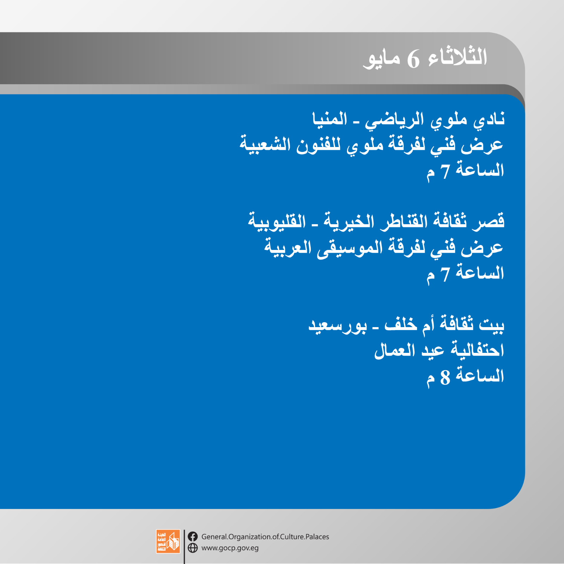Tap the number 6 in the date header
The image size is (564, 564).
tap(413, 59)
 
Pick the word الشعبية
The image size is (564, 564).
tap(265, 145)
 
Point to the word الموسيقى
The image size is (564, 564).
tap(350, 248)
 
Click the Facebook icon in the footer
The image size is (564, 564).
tap(193, 537)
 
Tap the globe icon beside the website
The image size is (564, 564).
tap(193, 548)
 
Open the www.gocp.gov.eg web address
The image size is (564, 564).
tap(230, 548)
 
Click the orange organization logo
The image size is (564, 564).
tap(168, 541)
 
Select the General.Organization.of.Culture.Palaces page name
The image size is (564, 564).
tap(265, 537)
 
